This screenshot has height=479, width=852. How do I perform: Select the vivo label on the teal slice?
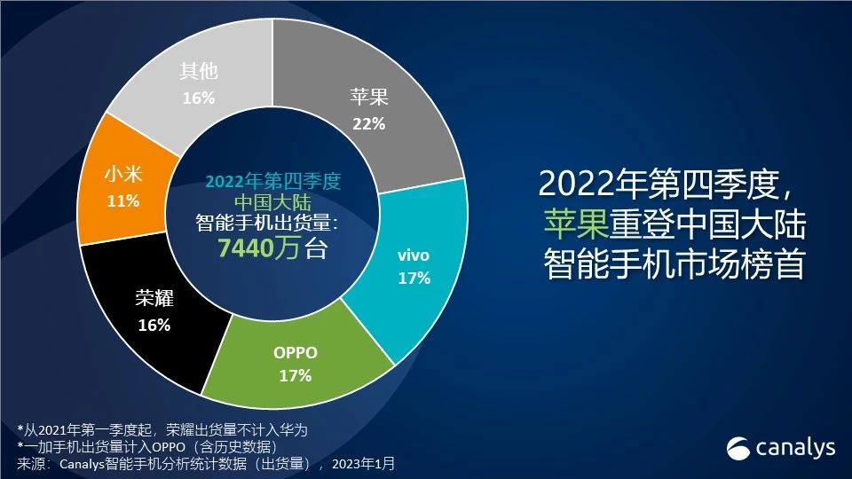(x=414, y=255)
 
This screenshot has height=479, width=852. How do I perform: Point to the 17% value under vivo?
(x=414, y=279)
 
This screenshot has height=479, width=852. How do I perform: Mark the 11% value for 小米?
(x=123, y=200)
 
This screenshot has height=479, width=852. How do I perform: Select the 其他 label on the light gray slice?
(x=198, y=72)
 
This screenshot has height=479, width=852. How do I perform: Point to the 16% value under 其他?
(x=198, y=98)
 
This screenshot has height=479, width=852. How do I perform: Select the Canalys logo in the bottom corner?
(x=782, y=448)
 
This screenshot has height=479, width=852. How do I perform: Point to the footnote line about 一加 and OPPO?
(x=172, y=446)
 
